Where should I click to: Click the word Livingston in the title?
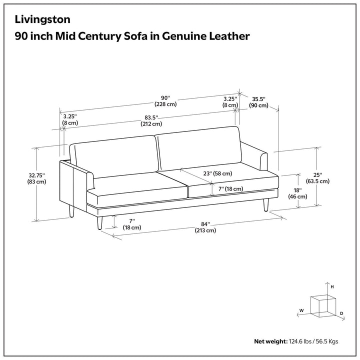[x=42, y=19]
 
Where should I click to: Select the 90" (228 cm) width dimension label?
[x=165, y=101]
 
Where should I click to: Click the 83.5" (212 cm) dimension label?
[x=151, y=121]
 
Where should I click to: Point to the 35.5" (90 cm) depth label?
[x=259, y=102]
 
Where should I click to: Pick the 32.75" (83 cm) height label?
[x=36, y=178]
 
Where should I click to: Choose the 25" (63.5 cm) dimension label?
[x=317, y=178]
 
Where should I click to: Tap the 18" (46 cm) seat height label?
[x=297, y=193]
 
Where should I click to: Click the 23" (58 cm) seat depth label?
[x=217, y=173]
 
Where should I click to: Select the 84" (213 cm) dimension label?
[x=205, y=227]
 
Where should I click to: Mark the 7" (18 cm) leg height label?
[x=132, y=224]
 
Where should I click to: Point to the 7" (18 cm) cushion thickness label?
[x=230, y=189]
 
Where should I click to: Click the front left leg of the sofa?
[x=99, y=222]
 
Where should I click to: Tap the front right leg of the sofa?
[x=266, y=205]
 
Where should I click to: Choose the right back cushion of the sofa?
[x=198, y=148]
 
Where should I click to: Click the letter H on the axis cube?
[x=332, y=287]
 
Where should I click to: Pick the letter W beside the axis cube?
[x=301, y=310]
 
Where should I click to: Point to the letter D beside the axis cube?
[x=341, y=313]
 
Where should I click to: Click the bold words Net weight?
[x=270, y=341]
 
